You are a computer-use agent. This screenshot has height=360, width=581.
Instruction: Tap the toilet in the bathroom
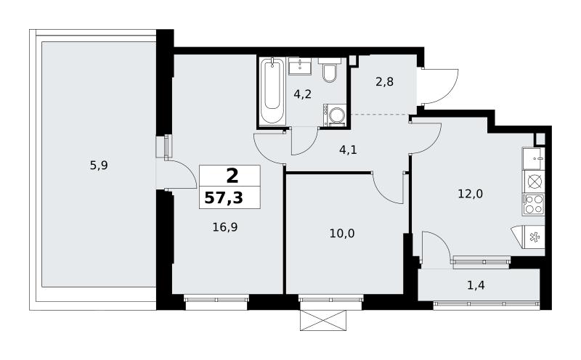click(328, 71)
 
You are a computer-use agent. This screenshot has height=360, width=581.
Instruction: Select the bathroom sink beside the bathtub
click(299, 67)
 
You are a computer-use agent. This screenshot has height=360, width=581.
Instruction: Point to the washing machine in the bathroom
click(336, 115)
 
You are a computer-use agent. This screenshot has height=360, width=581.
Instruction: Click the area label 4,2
click(302, 94)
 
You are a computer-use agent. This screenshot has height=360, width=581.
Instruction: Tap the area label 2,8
click(384, 82)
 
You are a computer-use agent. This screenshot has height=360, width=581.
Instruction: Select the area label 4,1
click(348, 150)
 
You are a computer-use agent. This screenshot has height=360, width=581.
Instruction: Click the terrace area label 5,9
click(99, 165)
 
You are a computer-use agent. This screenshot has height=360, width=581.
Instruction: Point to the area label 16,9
click(225, 227)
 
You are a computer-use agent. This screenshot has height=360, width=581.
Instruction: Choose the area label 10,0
click(342, 233)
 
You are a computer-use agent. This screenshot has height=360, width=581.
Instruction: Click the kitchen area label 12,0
click(470, 194)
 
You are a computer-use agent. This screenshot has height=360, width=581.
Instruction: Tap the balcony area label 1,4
click(476, 285)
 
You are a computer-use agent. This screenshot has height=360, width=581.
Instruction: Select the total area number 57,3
click(224, 198)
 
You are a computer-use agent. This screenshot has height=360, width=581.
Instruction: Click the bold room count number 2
click(232, 176)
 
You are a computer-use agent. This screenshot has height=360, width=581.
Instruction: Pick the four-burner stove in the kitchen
click(534, 205)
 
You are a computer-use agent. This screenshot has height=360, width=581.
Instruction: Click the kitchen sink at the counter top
click(534, 158)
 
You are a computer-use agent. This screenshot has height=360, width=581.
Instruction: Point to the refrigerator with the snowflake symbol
click(531, 237)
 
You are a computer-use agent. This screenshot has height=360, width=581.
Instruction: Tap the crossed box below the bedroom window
click(323, 320)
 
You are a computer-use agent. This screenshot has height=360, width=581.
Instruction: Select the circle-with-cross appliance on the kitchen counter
click(534, 181)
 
